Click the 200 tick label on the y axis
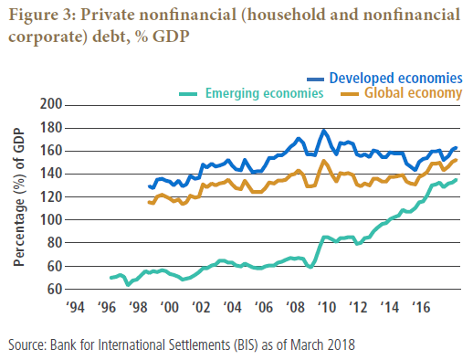point(51,104)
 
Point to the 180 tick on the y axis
point(51,128)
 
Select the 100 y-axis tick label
point(51,219)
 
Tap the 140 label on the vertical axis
point(51,174)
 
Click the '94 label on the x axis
point(75,307)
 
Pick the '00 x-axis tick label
point(169,307)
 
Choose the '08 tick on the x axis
point(295,307)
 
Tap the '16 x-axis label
point(421,307)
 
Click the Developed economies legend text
point(396,78)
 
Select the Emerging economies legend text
point(264,93)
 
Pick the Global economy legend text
point(414,93)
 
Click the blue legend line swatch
point(315,79)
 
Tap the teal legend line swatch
point(188,94)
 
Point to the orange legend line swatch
point(350,94)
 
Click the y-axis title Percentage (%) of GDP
point(18,197)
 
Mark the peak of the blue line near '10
point(323,131)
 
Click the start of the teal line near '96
point(110,278)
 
